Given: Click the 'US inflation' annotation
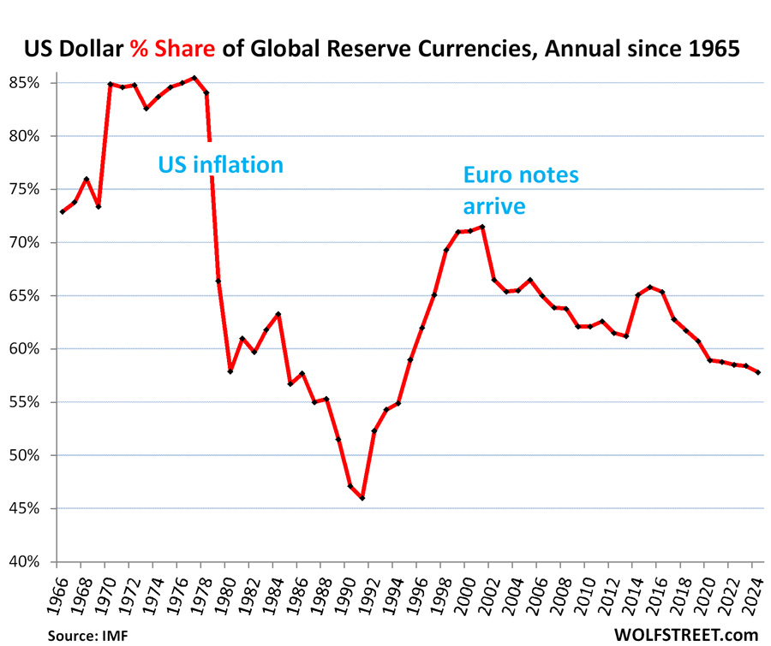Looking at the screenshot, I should (221, 163).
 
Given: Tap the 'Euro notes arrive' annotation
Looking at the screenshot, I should (521, 190).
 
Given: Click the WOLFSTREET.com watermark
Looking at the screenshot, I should (686, 634).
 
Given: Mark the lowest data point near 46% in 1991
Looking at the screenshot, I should (362, 498).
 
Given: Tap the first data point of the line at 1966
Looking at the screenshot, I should (63, 211).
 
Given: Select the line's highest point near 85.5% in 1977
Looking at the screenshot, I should (194, 78).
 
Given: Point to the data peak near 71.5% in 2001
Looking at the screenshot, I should (482, 227).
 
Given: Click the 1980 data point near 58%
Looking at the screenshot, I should (230, 371).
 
